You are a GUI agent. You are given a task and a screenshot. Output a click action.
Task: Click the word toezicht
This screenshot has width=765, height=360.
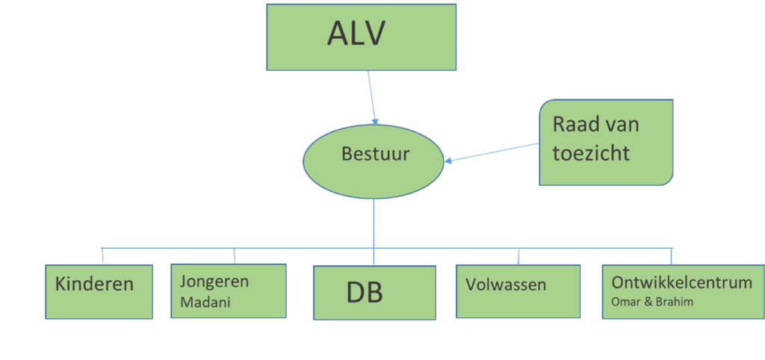591,153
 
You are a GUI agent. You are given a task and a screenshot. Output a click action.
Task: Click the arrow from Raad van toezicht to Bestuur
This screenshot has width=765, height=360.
492,152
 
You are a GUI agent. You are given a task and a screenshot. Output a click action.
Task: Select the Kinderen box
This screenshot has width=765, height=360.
99,291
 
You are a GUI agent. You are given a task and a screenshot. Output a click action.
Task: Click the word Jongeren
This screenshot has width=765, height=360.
214,282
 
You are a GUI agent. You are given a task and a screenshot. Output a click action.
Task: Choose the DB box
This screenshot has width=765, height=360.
374,293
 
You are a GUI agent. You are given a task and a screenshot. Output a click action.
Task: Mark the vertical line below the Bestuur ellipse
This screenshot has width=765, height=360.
374,223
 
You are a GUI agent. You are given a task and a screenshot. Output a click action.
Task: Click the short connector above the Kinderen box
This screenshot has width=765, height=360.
102,255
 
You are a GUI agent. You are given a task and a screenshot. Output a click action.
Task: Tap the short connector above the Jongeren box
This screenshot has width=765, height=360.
235,255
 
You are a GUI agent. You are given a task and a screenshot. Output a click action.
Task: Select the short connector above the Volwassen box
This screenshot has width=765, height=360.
518,256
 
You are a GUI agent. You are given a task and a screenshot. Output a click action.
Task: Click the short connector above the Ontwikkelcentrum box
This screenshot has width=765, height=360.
671,256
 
